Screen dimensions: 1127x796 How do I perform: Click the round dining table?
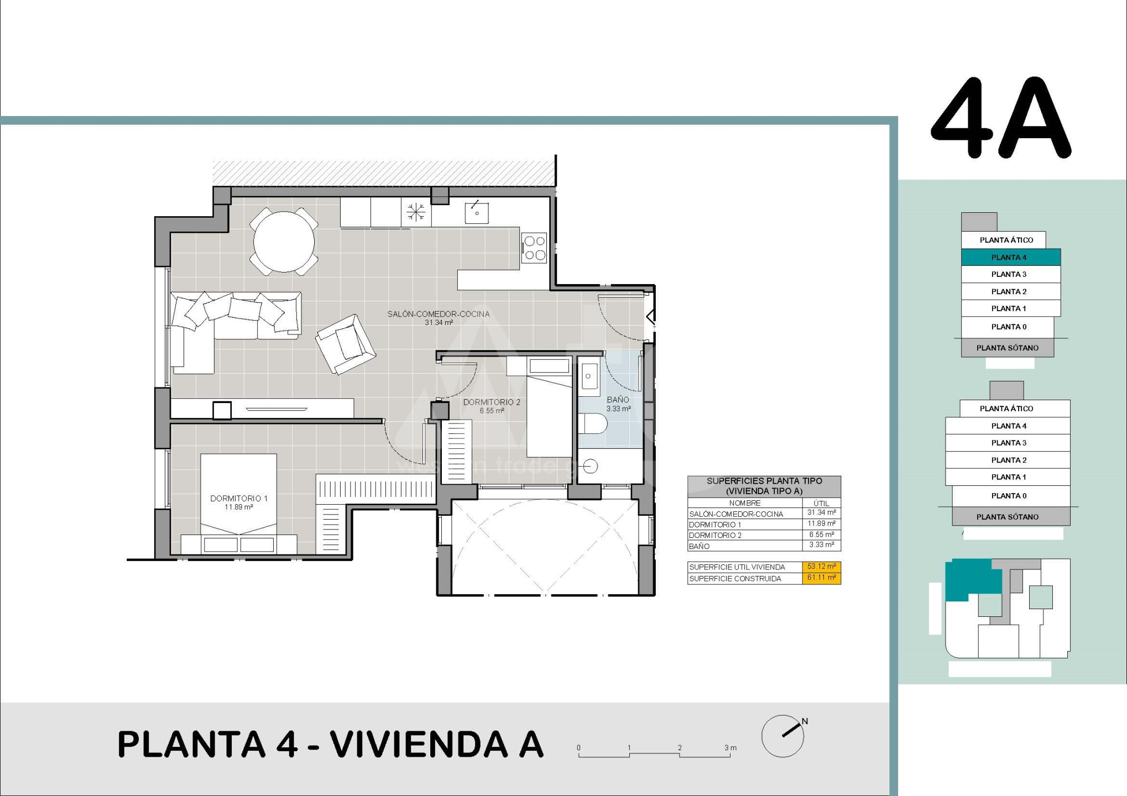coord(284,242)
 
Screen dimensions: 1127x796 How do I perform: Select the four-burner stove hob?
coord(534,248)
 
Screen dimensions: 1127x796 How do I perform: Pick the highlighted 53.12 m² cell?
coord(821,567)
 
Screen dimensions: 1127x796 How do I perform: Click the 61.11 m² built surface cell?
coord(821,578)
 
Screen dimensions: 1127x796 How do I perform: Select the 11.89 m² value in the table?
coord(821,523)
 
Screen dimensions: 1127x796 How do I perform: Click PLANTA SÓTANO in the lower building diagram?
coord(1008,517)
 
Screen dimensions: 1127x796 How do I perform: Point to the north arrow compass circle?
coord(782,736)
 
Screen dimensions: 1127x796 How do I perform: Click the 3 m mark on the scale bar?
coord(731,748)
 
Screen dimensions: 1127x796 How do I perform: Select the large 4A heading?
coord(1001,118)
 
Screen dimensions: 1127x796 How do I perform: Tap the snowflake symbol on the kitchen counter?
coord(416,212)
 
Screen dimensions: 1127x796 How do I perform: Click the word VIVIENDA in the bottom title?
coord(419,744)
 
